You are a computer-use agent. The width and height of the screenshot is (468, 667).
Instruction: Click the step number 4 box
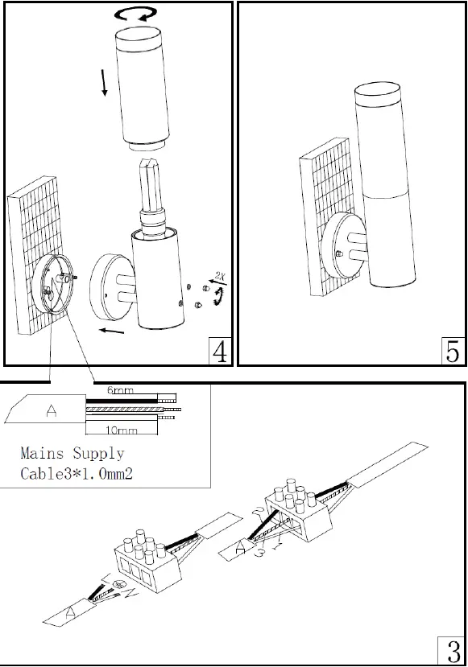(x=217, y=351)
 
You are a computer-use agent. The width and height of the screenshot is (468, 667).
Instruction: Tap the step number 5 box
(x=453, y=351)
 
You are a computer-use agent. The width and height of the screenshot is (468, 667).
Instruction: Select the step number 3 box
(x=450, y=651)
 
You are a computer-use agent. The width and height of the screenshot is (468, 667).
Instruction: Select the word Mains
(x=43, y=454)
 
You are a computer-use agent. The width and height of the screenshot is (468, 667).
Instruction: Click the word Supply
(x=99, y=454)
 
